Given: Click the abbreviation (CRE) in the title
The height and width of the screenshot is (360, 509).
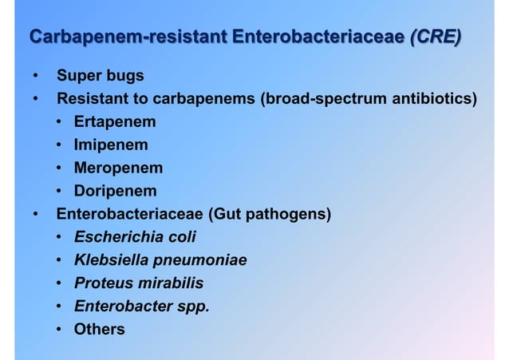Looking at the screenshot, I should tap(435, 38).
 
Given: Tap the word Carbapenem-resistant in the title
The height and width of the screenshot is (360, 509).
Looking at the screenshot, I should tap(128, 38).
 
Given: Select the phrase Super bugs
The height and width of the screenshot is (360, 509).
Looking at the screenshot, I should tap(100, 76).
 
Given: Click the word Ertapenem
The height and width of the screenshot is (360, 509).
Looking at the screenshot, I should tap(115, 122).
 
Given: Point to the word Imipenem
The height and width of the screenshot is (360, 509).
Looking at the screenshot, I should tap(111, 145).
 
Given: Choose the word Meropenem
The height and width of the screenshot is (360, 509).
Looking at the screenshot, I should tap(118, 168).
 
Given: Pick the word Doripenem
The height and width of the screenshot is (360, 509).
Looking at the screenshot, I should tap(116, 191).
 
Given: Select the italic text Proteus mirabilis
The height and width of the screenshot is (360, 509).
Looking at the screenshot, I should tap(139, 283).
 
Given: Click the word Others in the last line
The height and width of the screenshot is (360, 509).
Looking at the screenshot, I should tap(100, 328).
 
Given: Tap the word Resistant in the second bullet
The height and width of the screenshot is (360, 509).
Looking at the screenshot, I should tap(96, 99).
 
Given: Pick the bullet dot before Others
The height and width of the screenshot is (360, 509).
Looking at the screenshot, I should tap(60, 328).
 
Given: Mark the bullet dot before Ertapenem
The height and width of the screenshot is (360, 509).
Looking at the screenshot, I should tap(60, 122).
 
